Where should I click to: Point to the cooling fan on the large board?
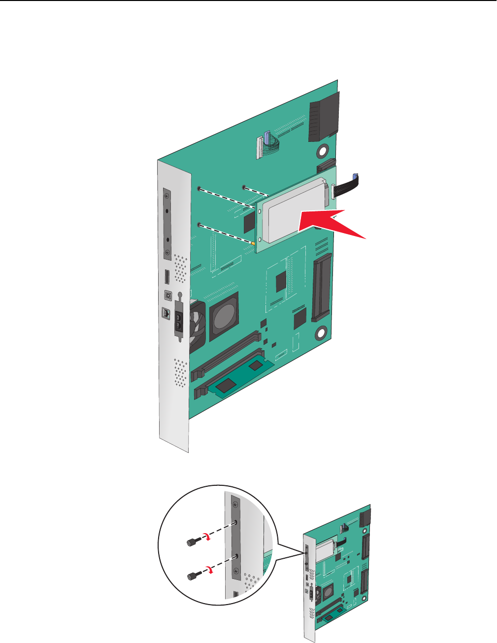(x=197, y=323)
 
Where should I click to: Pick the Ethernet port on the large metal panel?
(x=166, y=313)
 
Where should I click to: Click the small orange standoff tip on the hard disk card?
(x=253, y=242)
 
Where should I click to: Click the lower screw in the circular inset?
(x=192, y=575)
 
